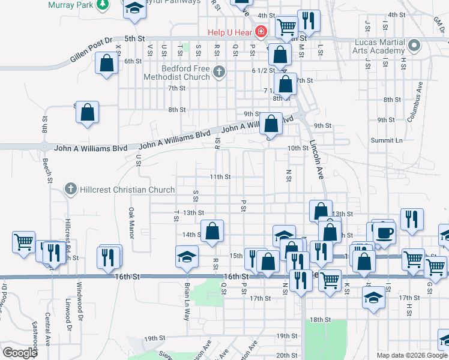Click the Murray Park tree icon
click(x=104, y=4)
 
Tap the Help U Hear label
click(x=231, y=32)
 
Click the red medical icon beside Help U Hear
click(x=261, y=31)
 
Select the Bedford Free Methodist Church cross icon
click(x=219, y=73)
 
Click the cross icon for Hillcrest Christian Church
click(x=71, y=190)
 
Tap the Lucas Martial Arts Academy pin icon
click(x=414, y=46)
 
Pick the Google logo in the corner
click(x=20, y=353)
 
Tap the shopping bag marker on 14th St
click(x=212, y=231)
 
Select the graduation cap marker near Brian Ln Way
click(x=187, y=256)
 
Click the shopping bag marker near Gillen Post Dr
click(x=106, y=63)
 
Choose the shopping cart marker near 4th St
click(x=287, y=26)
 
